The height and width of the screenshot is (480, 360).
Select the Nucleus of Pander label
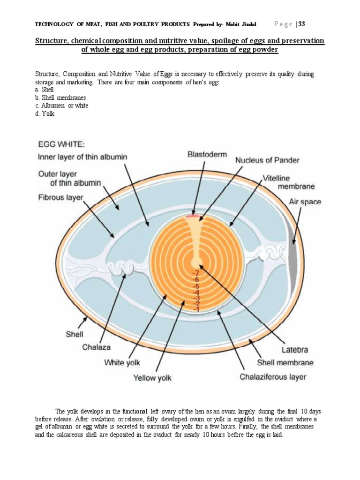pyautogui.click(x=267, y=160)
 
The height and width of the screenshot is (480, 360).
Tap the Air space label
pyautogui.click(x=305, y=202)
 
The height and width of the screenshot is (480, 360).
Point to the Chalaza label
pyautogui.click(x=97, y=348)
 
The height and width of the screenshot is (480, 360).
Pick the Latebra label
pyautogui.click(x=294, y=350)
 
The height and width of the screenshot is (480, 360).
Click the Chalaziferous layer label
pyautogui.click(x=273, y=376)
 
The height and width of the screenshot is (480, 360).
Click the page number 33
pyautogui.click(x=300, y=24)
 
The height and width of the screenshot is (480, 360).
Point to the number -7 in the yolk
pyautogui.click(x=195, y=273)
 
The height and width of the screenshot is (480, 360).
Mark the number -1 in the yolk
pyautogui.click(x=195, y=309)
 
